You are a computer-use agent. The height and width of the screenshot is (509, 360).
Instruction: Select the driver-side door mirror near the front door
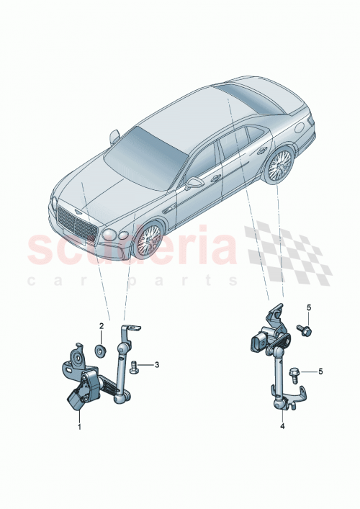(194, 184)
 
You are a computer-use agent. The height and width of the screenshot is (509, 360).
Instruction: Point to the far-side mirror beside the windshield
(114, 135)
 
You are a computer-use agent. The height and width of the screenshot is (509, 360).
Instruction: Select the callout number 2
(102, 326)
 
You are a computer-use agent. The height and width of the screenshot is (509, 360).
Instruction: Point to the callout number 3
(157, 365)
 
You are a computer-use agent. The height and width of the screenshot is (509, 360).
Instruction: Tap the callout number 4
(283, 426)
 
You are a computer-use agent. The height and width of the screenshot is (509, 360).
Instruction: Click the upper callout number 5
(308, 308)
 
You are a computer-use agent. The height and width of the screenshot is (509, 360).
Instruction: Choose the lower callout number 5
(320, 372)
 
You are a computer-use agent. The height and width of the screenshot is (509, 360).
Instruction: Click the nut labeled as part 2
(102, 351)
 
